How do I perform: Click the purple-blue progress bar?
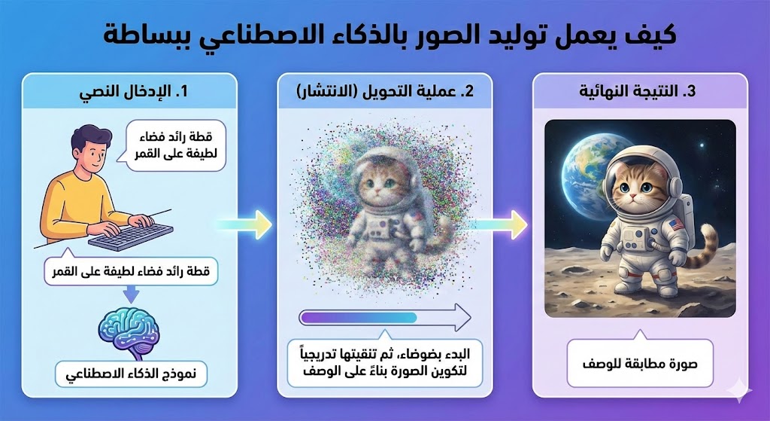[359, 318]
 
